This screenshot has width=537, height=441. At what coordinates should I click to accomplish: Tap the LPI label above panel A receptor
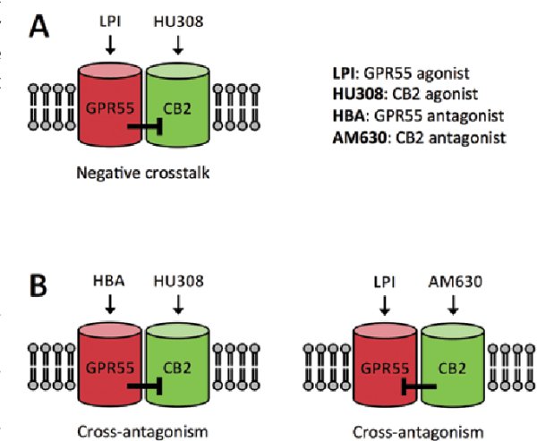click(110, 19)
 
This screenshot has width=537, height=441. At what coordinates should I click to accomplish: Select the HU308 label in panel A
click(179, 19)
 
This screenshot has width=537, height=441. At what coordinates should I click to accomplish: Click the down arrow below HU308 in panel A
click(179, 44)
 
